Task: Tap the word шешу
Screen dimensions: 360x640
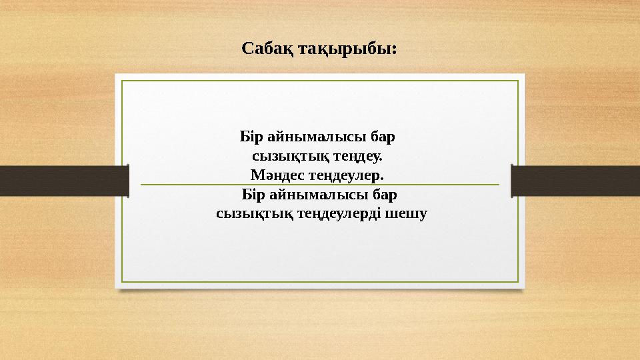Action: pos(408,215)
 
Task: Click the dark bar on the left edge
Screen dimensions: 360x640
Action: pos(64,181)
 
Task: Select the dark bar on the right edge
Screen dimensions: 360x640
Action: pos(575,181)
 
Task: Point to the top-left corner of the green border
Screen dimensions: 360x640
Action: pos(122,81)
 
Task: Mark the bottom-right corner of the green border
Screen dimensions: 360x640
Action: pos(518,281)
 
